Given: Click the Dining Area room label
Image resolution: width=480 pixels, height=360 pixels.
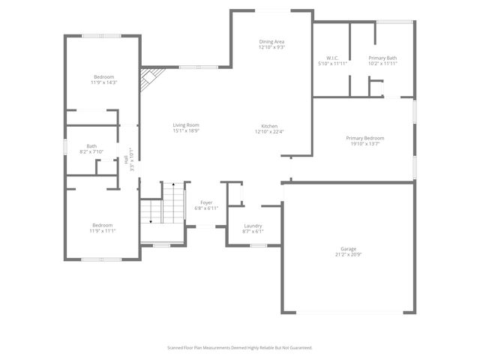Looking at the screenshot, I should (271, 41).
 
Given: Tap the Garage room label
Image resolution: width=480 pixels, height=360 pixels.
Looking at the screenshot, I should (348, 248).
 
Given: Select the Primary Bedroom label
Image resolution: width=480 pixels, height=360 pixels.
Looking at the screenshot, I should (364, 138).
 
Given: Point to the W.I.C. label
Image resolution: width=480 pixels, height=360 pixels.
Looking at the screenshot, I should (333, 58).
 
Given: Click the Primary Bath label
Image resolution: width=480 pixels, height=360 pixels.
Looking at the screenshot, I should (382, 58).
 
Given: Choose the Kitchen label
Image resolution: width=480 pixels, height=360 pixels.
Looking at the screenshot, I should (270, 125).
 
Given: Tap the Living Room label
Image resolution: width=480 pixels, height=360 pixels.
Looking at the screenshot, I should (186, 125).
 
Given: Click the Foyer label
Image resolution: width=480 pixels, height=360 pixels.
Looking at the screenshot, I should (207, 202).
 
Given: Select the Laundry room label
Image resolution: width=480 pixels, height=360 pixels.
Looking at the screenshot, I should (253, 226).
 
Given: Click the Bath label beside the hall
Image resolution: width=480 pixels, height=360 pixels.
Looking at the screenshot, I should (91, 146).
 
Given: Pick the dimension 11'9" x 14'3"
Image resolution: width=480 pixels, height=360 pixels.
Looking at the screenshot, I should (104, 82).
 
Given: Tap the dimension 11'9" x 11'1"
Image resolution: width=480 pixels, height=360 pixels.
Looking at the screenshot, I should (103, 231).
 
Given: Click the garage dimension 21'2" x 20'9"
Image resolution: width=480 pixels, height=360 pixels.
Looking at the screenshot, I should (348, 254).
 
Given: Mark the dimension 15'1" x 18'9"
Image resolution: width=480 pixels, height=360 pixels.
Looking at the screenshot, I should (186, 131).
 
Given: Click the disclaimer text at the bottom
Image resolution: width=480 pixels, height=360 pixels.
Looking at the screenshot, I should (239, 347).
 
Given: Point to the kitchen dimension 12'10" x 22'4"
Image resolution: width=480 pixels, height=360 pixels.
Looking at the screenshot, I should (270, 131).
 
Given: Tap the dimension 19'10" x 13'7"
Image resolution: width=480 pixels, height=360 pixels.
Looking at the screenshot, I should (364, 144).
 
